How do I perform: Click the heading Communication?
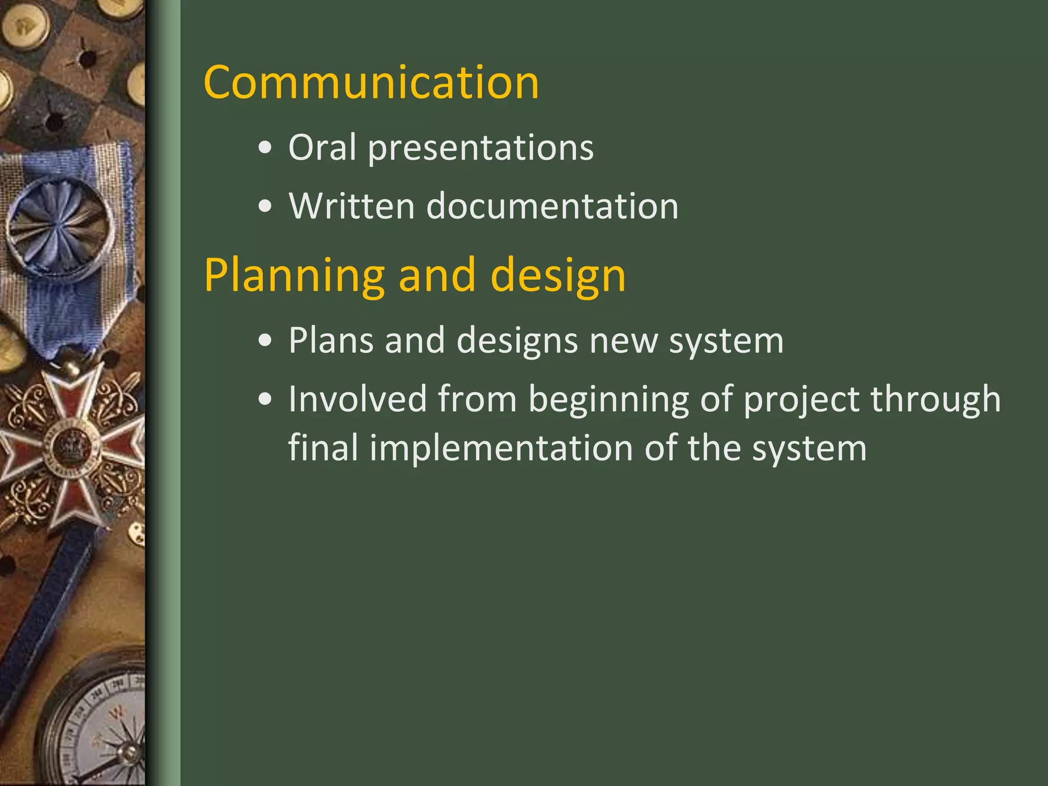[x=371, y=83]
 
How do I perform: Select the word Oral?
[x=322, y=148]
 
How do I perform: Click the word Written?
[x=351, y=206]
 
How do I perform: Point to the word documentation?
[x=552, y=206]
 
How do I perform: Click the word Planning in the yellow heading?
[x=294, y=276]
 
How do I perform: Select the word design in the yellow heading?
[x=558, y=276]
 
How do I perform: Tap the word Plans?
[x=331, y=341]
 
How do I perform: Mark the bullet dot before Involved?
[x=265, y=400]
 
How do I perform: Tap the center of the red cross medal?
[x=69, y=448]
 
